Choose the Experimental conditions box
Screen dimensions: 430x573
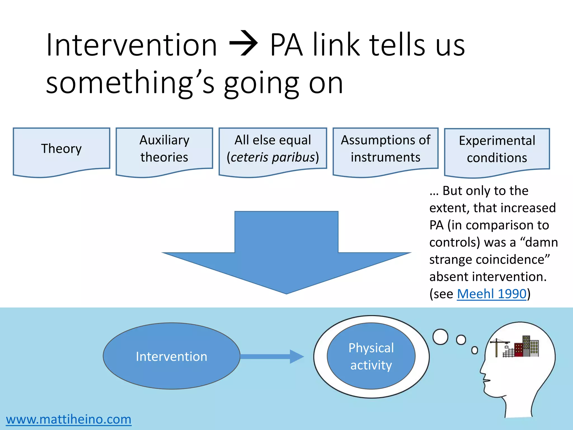497,149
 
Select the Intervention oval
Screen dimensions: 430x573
171,356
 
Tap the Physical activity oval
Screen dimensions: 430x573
371,356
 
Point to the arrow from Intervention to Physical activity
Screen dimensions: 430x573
271,356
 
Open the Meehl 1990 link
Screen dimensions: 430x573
492,294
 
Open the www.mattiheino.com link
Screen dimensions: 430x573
69,419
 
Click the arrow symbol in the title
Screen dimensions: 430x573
243,44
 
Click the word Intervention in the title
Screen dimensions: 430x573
131,45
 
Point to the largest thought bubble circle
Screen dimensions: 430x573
440,336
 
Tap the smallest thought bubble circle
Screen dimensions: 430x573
475,350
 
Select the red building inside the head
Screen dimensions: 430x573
518,350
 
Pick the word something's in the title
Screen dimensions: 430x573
130,83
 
